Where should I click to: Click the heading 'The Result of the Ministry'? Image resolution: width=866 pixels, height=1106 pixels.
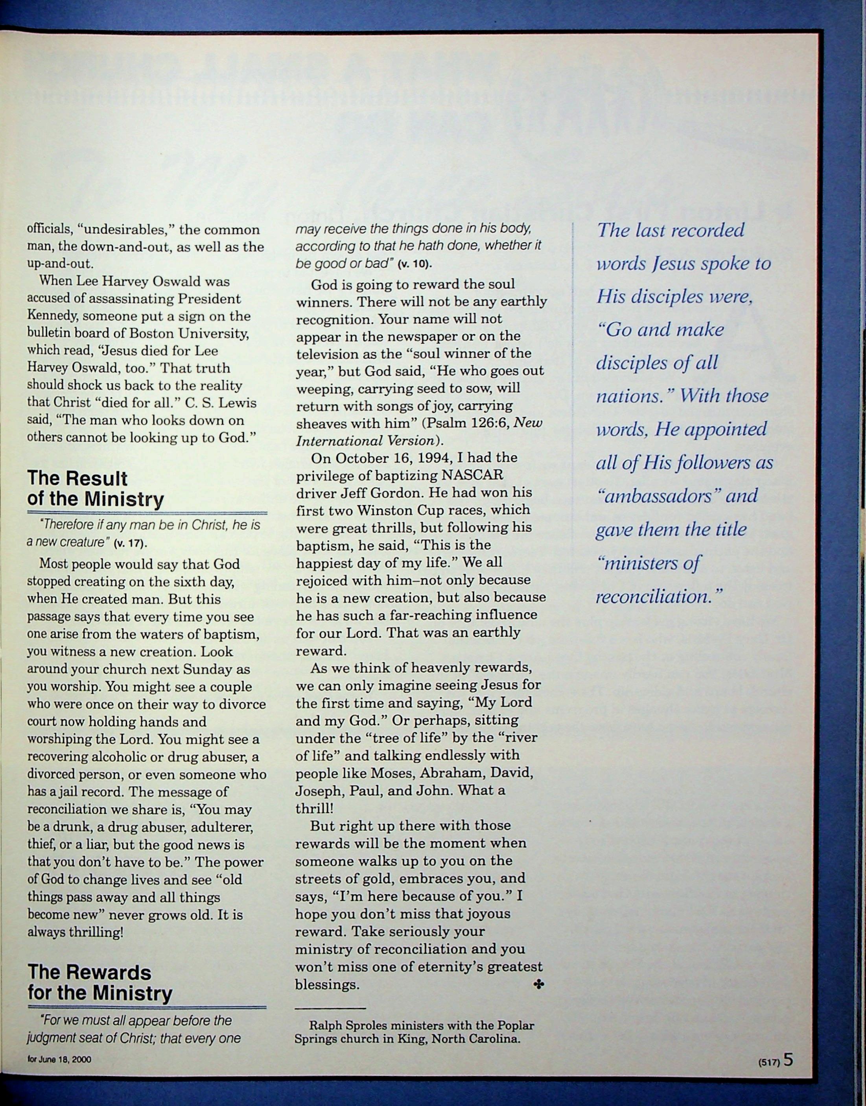point(95,489)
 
